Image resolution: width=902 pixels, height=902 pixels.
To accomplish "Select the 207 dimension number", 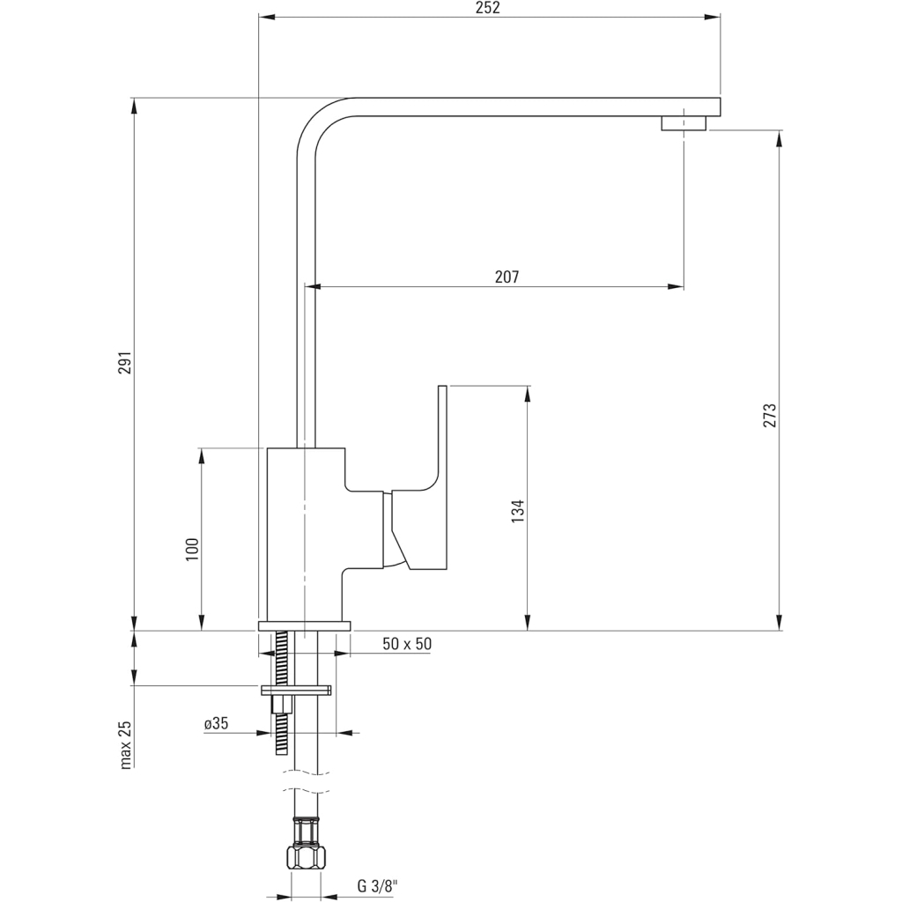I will click(x=506, y=277).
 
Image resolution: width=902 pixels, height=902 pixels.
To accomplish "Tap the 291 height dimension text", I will click(x=124, y=363).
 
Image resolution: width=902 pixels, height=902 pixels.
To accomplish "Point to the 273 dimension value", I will click(x=770, y=416).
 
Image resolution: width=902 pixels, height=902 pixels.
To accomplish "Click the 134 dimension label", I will click(x=518, y=511).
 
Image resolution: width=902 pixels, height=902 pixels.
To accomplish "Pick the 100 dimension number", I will click(x=193, y=549).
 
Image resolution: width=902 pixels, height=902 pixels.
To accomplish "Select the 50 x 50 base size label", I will click(x=407, y=644).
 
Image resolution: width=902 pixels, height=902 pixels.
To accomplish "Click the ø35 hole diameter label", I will click(x=216, y=723).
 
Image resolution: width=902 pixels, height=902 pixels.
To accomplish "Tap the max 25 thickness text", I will click(x=125, y=744).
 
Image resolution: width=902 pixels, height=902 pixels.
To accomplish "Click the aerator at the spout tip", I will click(x=684, y=122).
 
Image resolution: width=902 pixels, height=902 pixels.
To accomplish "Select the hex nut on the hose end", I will click(x=306, y=856).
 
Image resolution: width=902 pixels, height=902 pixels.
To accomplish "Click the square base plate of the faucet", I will click(x=305, y=625).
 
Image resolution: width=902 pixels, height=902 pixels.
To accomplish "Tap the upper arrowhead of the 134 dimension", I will click(x=527, y=392).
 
